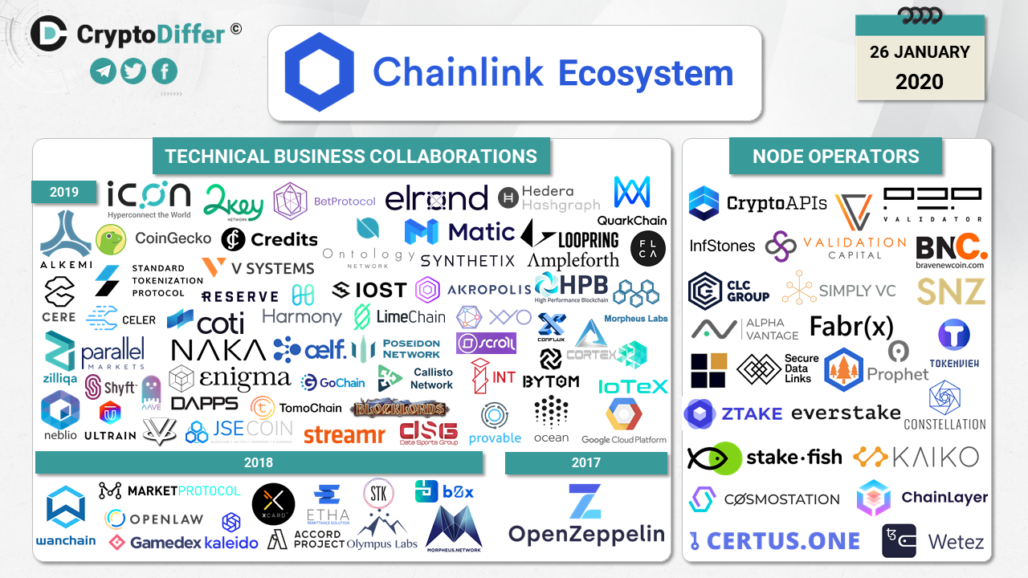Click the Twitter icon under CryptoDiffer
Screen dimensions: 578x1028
click(133, 71)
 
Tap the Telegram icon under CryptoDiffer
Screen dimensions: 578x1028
click(103, 71)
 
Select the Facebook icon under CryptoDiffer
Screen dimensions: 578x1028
click(164, 71)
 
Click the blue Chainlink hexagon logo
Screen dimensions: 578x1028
click(320, 73)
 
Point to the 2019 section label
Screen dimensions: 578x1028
click(64, 192)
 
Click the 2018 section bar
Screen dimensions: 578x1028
click(259, 462)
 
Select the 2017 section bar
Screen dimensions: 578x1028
click(585, 462)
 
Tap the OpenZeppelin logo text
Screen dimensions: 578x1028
click(586, 534)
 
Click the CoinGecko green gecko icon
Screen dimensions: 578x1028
click(111, 238)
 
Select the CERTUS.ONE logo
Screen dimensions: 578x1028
click(774, 541)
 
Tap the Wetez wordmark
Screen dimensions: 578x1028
click(956, 542)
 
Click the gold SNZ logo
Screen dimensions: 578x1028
click(951, 291)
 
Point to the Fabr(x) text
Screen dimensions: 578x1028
click(851, 326)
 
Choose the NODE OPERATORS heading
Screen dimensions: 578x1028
click(835, 157)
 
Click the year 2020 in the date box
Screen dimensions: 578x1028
click(920, 81)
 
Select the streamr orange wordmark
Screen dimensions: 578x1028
click(345, 435)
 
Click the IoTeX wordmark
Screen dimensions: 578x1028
click(633, 387)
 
